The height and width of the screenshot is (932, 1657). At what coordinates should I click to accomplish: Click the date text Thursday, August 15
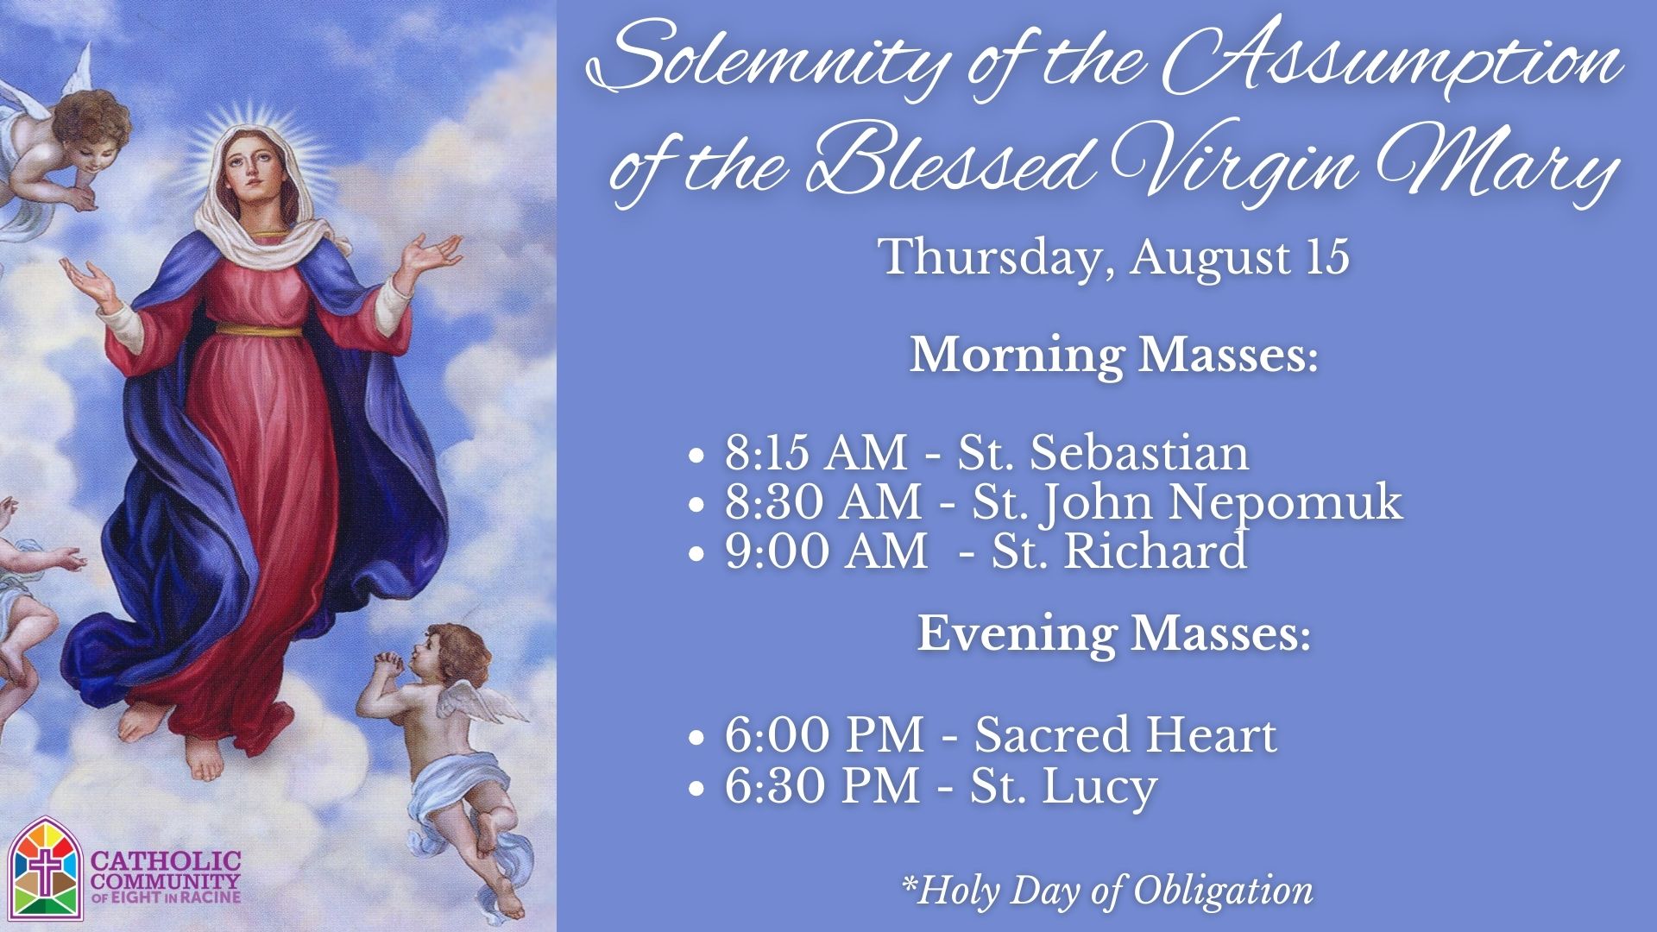(1113, 256)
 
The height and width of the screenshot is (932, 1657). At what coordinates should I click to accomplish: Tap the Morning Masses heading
(1114, 356)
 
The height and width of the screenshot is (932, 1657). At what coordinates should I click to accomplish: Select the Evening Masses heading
(1113, 634)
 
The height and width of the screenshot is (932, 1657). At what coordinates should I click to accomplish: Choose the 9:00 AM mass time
(826, 551)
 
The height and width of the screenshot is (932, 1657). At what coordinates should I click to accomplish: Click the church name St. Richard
(1119, 551)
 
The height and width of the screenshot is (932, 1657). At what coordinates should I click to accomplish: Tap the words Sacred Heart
(1125, 736)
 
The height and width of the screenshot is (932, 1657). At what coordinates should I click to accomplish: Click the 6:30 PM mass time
(822, 786)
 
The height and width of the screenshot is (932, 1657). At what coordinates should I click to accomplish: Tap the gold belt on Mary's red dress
(258, 329)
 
